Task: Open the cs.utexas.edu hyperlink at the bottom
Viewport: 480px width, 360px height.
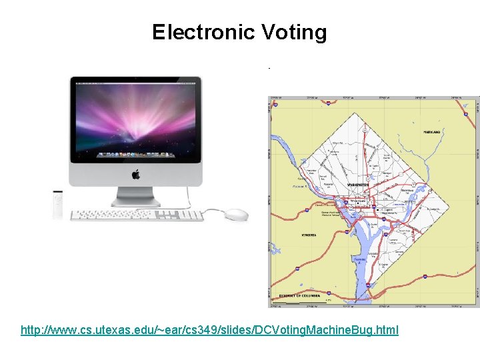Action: pos(209,330)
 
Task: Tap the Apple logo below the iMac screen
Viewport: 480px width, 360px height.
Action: pos(136,174)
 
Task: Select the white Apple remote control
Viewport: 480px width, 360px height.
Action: pos(59,204)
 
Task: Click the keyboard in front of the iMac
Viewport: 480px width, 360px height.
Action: pos(136,215)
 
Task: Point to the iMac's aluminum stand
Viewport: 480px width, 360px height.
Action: pos(136,196)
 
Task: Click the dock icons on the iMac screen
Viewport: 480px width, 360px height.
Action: pos(135,155)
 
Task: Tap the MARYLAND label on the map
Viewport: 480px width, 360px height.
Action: pos(432,132)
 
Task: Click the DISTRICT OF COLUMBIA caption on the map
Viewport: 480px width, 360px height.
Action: pos(299,295)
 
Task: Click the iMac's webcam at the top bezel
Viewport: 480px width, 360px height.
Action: pos(136,80)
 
